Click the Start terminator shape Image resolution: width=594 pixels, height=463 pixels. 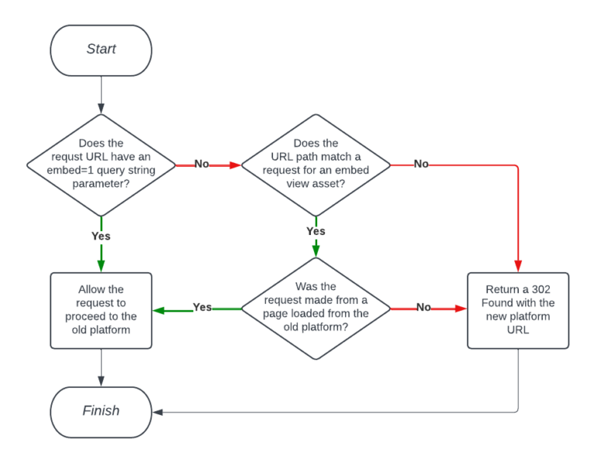(x=101, y=49)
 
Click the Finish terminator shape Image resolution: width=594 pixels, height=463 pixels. (x=101, y=411)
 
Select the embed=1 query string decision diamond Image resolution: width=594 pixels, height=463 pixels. (x=101, y=164)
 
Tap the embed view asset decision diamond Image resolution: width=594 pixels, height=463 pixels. (x=316, y=164)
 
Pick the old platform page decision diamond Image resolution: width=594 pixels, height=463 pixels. (x=316, y=308)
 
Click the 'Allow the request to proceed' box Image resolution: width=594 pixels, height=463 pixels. (x=101, y=309)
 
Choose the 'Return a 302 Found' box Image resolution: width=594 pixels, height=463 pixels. (x=518, y=309)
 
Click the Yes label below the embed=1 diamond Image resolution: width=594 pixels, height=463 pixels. (x=101, y=236)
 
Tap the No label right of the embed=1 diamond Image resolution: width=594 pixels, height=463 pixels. (x=201, y=164)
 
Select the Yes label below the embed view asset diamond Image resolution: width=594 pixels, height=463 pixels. (x=316, y=230)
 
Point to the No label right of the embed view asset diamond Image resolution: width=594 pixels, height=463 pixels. (x=422, y=164)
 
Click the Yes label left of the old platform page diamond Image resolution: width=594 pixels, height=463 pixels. (x=202, y=308)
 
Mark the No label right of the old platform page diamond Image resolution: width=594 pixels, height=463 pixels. (x=424, y=308)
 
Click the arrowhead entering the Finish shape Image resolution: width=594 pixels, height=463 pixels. (x=157, y=412)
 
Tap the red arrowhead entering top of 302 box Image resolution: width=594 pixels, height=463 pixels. (x=518, y=267)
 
